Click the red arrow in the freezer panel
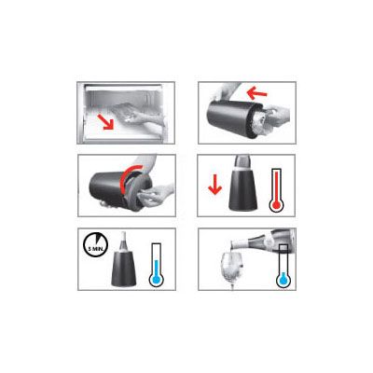[x=105, y=121]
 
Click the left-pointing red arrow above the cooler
[x=256, y=92]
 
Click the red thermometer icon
[x=276, y=190]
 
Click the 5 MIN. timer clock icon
[x=95, y=245]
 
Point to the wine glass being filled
[x=231, y=268]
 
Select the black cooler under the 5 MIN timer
[x=123, y=269]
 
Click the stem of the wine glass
[x=232, y=283]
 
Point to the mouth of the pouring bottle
[x=232, y=243]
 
